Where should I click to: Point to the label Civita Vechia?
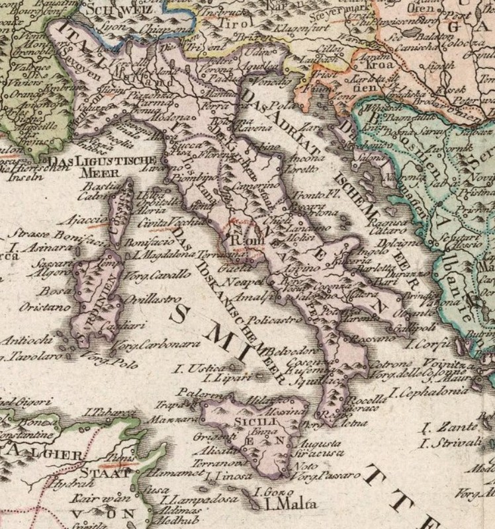point(159,222)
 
